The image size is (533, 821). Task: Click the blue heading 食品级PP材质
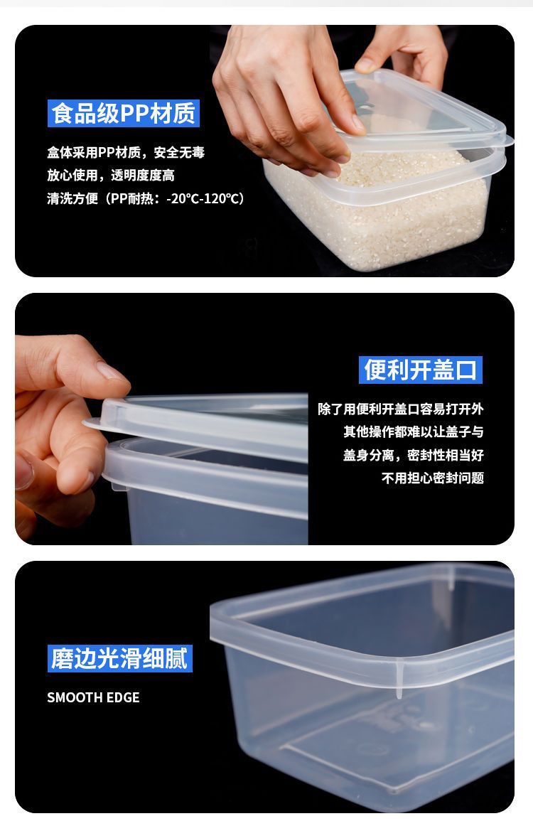click(123, 114)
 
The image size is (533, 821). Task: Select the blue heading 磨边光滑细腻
click(119, 658)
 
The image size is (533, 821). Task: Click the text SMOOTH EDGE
click(93, 697)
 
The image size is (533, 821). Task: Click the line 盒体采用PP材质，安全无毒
click(126, 153)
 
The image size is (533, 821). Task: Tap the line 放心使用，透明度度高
click(111, 176)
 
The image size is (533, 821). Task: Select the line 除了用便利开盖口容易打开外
click(401, 409)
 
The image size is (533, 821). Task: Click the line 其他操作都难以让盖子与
click(414, 432)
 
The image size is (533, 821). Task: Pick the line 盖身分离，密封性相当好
click(414, 455)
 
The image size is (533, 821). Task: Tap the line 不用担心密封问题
click(433, 478)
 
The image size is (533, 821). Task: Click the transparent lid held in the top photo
click(426, 107)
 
